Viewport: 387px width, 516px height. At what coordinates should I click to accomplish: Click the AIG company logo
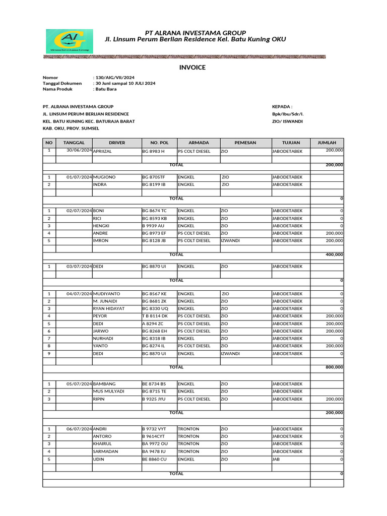click(x=69, y=41)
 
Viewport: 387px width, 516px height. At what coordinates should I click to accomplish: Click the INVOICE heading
click(x=192, y=68)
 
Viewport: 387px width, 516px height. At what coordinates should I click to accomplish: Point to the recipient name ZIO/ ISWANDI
click(x=287, y=121)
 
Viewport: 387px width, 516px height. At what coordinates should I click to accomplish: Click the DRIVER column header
click(x=117, y=143)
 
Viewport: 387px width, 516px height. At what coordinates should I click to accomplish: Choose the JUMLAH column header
click(x=327, y=143)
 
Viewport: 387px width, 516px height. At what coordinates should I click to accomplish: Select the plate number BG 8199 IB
click(x=154, y=184)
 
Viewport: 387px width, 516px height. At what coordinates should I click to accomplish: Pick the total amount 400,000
click(x=334, y=254)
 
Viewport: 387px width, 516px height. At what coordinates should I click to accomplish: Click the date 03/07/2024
click(x=80, y=266)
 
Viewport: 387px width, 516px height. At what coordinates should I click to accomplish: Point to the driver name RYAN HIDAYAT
click(x=109, y=308)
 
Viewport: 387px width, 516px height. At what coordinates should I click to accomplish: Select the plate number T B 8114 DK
click(x=155, y=316)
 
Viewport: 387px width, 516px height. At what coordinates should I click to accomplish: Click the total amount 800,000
click(x=334, y=367)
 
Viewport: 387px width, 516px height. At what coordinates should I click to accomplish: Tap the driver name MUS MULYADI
click(x=108, y=391)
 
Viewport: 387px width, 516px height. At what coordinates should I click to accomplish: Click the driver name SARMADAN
click(x=105, y=451)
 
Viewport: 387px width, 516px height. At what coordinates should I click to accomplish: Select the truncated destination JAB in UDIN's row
click(x=276, y=459)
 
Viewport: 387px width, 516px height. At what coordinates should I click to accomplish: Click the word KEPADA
click(x=282, y=106)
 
